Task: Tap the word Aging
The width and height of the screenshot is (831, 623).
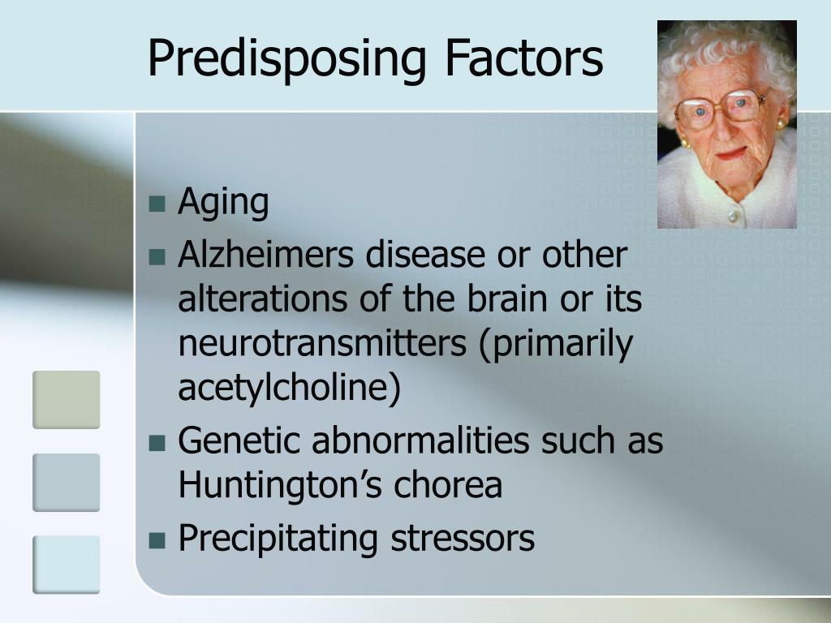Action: (223, 203)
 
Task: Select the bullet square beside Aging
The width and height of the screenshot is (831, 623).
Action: (157, 203)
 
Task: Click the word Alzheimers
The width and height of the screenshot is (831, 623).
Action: (265, 255)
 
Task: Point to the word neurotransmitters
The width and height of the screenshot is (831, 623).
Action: (321, 344)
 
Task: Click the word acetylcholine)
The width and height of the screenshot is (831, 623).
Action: (289, 389)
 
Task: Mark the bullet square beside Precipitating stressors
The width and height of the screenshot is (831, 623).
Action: (157, 539)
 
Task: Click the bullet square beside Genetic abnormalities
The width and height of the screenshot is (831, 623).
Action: (157, 442)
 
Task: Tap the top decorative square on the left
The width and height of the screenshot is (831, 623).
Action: (66, 399)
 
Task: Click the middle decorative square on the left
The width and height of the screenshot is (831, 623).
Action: (66, 482)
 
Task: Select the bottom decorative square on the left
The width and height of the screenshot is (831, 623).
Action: (66, 564)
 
